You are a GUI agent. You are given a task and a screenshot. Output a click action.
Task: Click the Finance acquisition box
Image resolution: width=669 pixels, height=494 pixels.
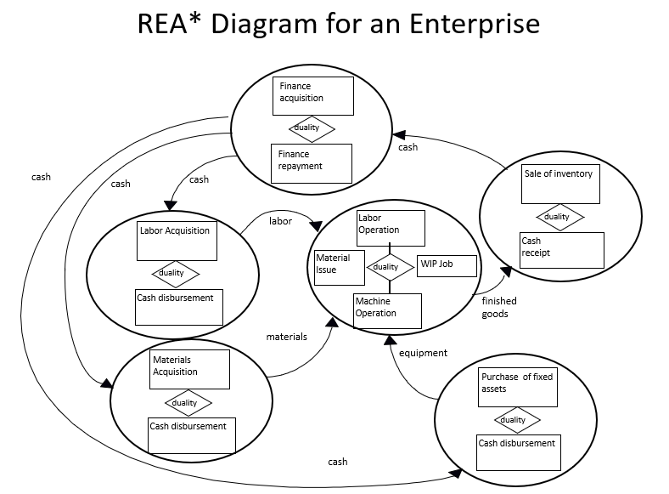click(x=312, y=96)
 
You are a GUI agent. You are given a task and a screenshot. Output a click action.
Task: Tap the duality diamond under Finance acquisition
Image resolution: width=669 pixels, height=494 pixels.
click(x=312, y=128)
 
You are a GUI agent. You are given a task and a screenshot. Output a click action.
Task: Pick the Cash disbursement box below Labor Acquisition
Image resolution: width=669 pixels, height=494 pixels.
click(x=179, y=307)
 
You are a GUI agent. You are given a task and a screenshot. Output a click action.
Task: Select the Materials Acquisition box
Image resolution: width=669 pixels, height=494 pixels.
click(x=190, y=369)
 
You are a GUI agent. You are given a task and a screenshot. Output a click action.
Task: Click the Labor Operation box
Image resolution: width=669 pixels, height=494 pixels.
click(x=390, y=226)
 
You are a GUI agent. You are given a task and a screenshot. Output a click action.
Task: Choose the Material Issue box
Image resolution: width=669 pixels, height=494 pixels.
click(x=339, y=267)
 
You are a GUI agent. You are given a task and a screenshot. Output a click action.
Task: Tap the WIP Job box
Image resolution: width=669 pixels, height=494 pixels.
click(x=447, y=265)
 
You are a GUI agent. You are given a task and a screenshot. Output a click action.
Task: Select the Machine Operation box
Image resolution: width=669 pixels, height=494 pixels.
click(x=387, y=310)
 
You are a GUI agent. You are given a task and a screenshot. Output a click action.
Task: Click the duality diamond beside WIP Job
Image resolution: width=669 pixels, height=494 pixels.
click(x=390, y=267)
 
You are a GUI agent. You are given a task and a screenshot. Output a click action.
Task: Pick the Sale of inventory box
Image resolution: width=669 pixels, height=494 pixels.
click(x=561, y=183)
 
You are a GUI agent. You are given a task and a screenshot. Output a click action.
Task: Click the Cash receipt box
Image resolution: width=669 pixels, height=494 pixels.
click(x=561, y=250)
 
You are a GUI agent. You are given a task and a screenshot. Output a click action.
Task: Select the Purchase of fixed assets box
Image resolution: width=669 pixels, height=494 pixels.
click(x=518, y=387)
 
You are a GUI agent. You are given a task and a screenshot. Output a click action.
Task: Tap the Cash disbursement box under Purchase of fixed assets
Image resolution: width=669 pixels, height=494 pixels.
click(x=518, y=452)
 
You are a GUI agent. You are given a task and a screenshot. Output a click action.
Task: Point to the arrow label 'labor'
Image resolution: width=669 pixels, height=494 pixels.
click(x=280, y=221)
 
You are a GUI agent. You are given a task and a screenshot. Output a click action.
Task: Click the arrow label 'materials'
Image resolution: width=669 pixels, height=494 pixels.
click(x=286, y=337)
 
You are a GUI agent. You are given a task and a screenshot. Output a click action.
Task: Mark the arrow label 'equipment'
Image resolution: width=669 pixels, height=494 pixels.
click(x=423, y=353)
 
